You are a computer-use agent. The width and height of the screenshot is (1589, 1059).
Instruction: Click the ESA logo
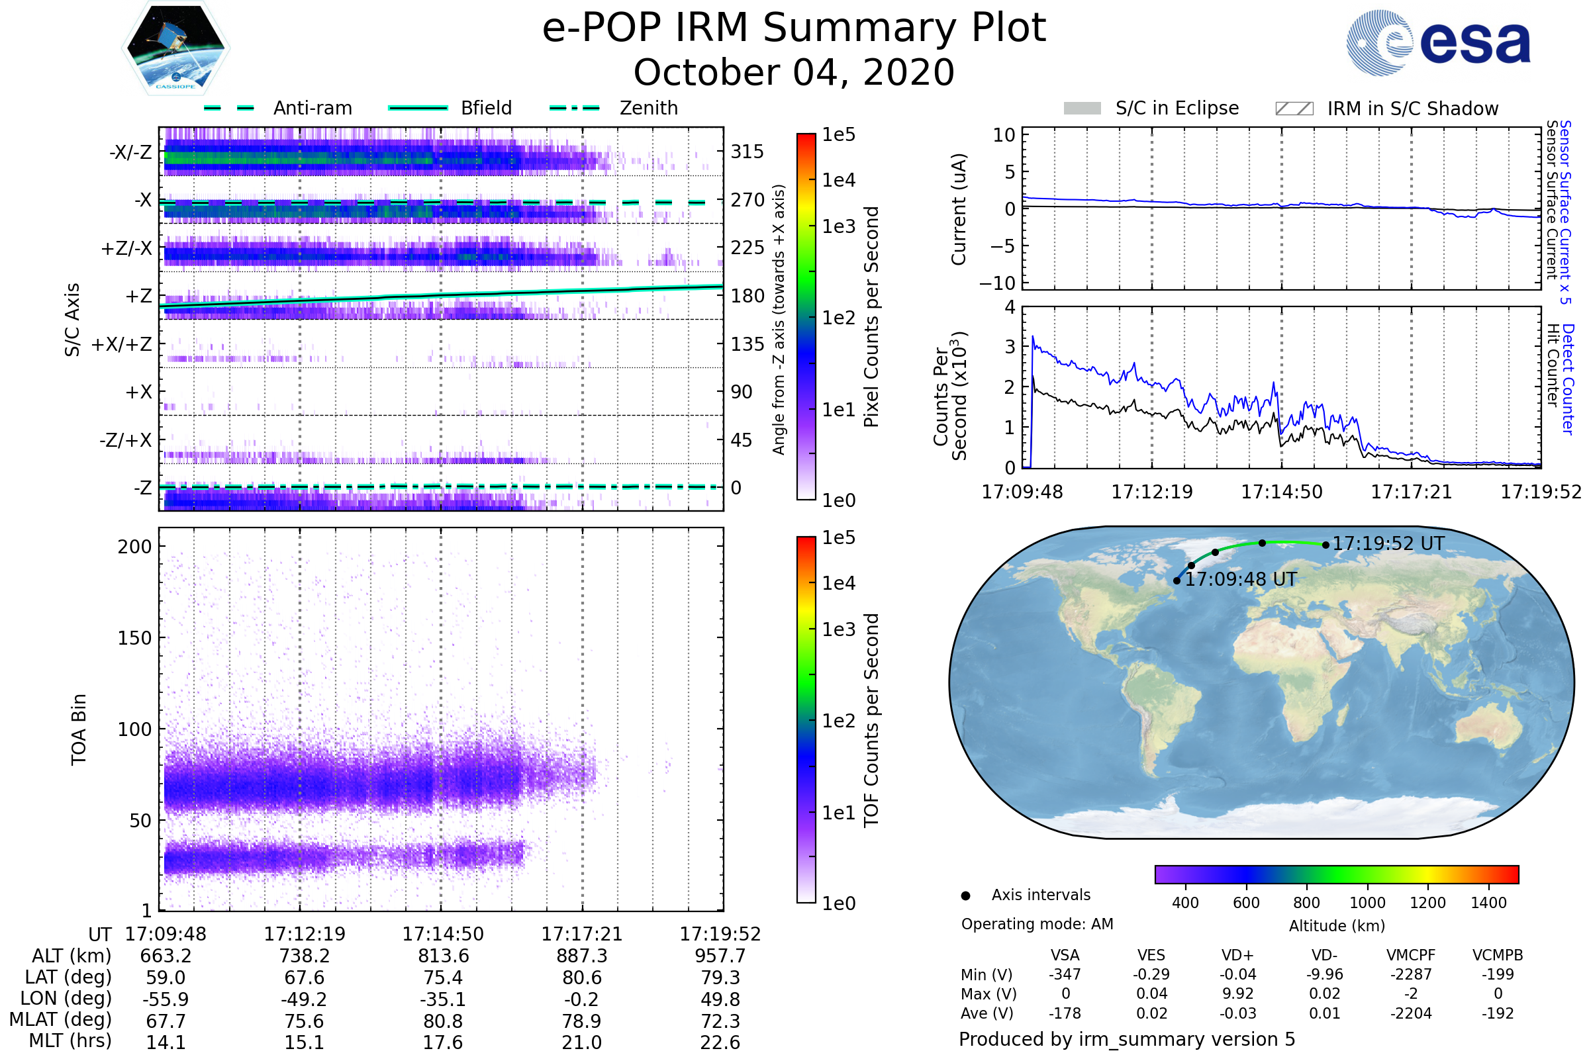pos(1438,42)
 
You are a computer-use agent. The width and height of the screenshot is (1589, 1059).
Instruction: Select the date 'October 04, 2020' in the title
pos(794,72)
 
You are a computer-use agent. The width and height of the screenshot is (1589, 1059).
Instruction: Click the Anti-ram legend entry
pos(312,108)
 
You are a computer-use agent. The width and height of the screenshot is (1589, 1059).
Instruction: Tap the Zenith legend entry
pos(648,108)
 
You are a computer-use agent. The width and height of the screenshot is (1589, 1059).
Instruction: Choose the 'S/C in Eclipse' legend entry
pos(1177,108)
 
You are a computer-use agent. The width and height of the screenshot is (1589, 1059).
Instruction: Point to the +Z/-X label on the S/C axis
pos(126,249)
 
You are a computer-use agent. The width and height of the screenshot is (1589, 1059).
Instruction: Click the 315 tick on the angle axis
pos(747,152)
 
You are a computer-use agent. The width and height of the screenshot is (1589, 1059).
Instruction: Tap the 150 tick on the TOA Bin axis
pos(134,638)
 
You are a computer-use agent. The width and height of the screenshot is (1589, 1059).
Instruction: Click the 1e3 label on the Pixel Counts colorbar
pos(838,226)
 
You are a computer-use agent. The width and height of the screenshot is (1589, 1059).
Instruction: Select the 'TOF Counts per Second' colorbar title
pos(871,720)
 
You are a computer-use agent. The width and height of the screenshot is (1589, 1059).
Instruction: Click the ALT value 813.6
pos(442,956)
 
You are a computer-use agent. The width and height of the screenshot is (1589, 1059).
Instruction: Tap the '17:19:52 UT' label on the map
pos(1388,543)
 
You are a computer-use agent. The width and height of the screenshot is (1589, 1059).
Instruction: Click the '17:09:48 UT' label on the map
pos(1241,580)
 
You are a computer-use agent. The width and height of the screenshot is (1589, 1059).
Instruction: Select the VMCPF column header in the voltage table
pos(1411,955)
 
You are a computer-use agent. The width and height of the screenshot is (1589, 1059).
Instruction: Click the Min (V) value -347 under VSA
pos(1065,974)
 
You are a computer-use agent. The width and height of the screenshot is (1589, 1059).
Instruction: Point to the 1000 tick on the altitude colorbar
pos(1367,903)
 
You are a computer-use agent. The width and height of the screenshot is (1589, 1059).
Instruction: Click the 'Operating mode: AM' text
pos(1037,924)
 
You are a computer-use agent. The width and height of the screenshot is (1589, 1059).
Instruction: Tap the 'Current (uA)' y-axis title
pos(959,209)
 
